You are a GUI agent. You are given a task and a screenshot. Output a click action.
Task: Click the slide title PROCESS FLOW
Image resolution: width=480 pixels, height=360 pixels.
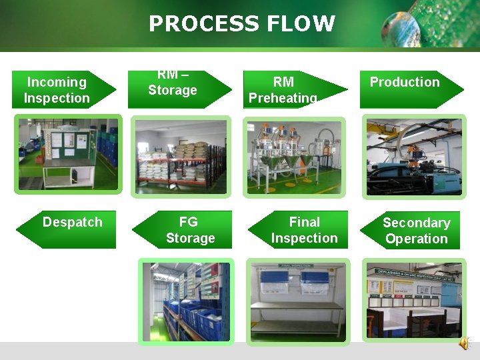pos(241,24)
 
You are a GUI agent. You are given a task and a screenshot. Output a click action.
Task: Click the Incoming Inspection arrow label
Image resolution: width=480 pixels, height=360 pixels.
pos(57,90)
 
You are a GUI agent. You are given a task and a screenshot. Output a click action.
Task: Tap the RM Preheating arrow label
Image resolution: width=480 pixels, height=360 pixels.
pos(284,90)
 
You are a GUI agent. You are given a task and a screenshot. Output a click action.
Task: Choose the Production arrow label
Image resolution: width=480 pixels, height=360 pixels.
pos(405,83)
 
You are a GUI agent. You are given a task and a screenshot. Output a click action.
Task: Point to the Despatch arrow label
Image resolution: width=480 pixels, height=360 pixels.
pos(72,223)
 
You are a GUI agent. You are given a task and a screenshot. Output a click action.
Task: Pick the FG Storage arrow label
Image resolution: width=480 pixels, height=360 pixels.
pos(189,230)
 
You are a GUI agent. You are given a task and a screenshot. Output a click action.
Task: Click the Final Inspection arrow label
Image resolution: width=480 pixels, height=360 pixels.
pos(304,230)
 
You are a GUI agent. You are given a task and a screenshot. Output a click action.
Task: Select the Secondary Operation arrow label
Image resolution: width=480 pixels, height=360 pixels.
pos(416,231)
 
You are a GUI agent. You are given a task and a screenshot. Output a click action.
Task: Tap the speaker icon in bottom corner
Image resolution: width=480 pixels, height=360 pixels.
pos(464,343)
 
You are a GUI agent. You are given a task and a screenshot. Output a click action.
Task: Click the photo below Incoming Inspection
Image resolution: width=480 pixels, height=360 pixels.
pos(68,155)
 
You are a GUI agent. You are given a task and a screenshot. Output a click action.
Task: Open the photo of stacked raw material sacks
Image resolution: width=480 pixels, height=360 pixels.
pos(180,157)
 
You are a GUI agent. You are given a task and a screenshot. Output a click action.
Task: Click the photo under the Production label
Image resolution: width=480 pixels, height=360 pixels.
pos(413,157)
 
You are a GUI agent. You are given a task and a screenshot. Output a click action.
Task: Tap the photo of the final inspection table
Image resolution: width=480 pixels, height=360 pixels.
pos(297,301)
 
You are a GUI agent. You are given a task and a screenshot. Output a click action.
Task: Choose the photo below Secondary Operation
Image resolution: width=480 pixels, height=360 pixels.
pos(413,301)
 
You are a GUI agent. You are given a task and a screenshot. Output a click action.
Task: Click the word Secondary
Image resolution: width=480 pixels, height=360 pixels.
pos(416,223)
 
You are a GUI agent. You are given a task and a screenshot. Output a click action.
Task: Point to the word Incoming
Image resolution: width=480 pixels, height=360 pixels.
pos(57,82)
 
